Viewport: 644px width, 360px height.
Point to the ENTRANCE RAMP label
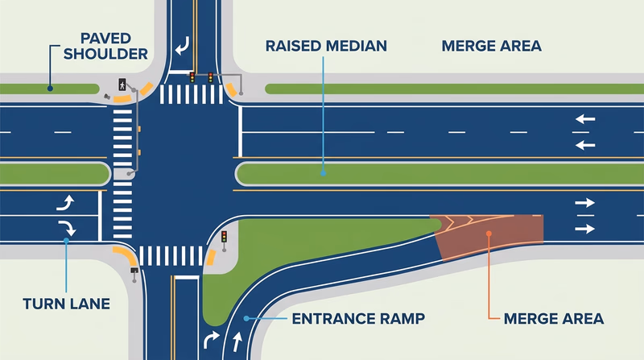click(358, 319)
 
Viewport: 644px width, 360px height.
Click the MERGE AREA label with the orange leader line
click(554, 319)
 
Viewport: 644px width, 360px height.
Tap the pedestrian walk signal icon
click(122, 83)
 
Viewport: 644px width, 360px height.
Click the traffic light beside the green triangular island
click(225, 237)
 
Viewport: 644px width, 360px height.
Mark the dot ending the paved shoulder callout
click(50, 88)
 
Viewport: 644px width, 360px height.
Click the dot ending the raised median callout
click(323, 171)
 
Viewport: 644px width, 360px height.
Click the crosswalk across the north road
click(192, 94)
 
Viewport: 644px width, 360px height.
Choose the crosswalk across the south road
click(171, 256)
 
